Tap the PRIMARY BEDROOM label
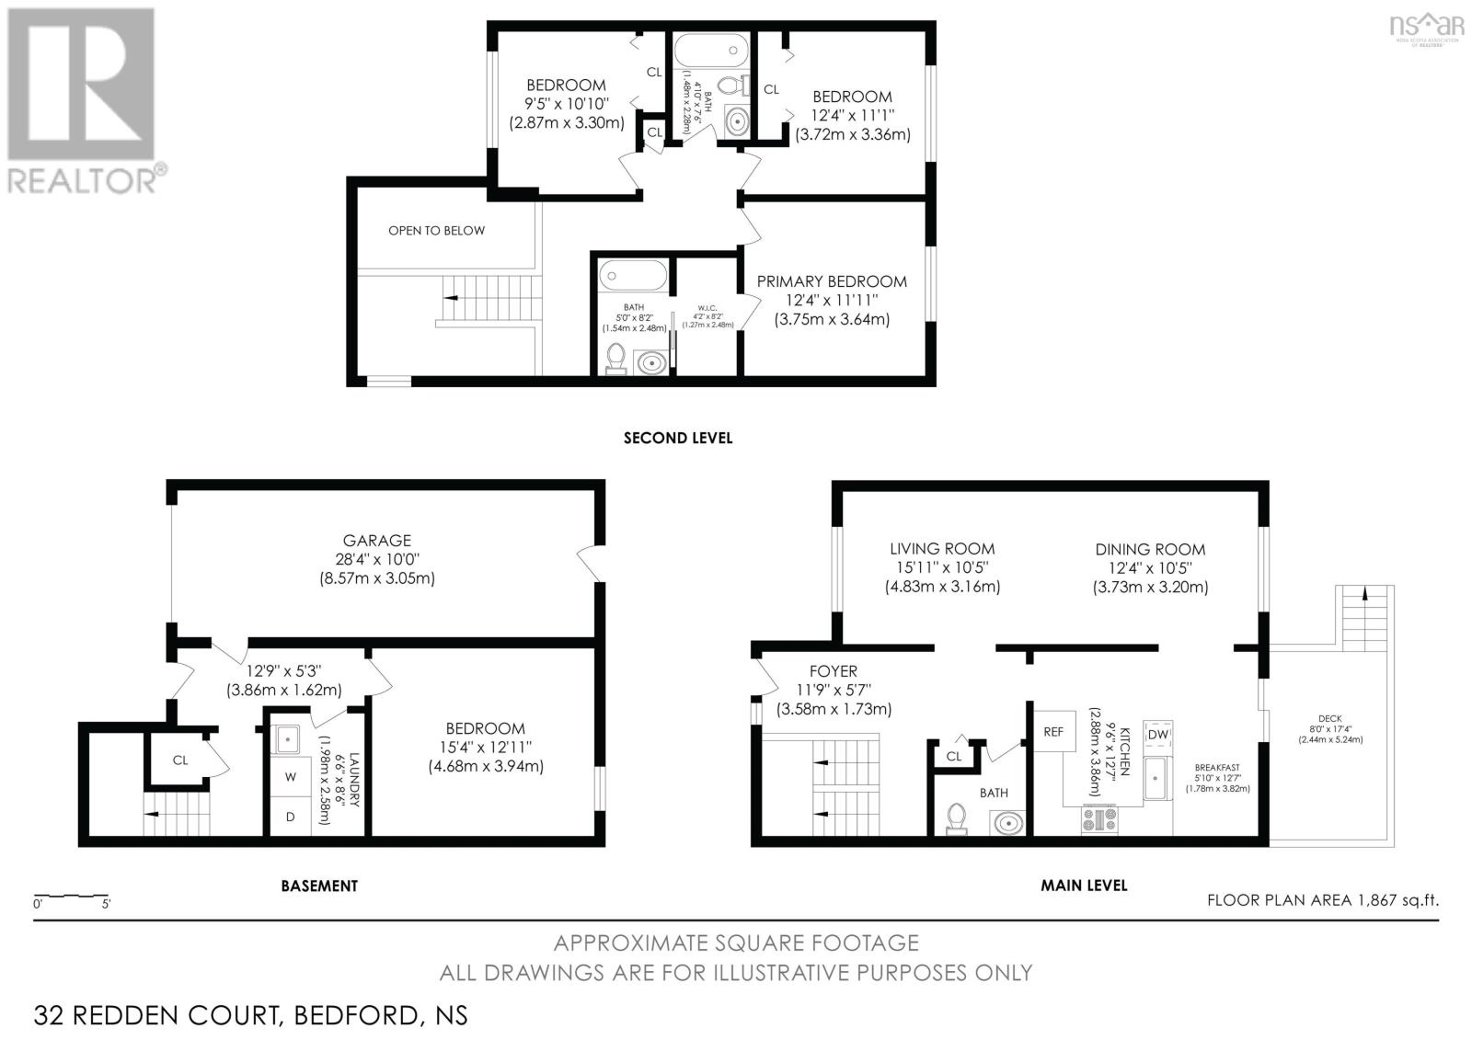[x=832, y=281]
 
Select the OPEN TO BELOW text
[x=436, y=231]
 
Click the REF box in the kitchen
[x=1053, y=732]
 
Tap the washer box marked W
[x=291, y=777]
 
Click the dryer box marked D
[x=291, y=817]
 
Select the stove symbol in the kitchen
[x=1099, y=818]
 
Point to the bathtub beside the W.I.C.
[x=633, y=276]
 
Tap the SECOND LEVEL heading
[x=678, y=439]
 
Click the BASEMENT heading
[x=319, y=886]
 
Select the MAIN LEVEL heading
[x=1084, y=886]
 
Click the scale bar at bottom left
[x=72, y=896]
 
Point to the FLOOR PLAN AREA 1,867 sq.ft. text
[x=1322, y=900]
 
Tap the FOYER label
[x=834, y=672]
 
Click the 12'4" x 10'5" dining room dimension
[x=1150, y=568]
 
